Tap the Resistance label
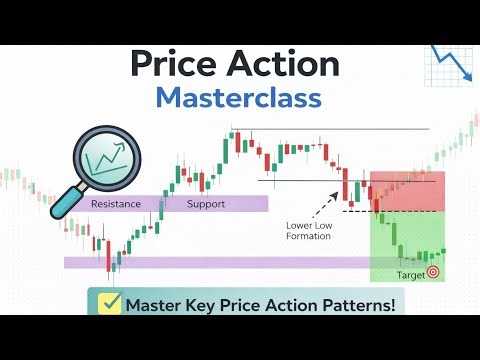116,204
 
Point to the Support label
206,204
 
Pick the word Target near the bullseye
409,272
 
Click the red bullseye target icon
433,272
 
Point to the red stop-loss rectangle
407,191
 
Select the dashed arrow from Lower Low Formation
328,207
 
